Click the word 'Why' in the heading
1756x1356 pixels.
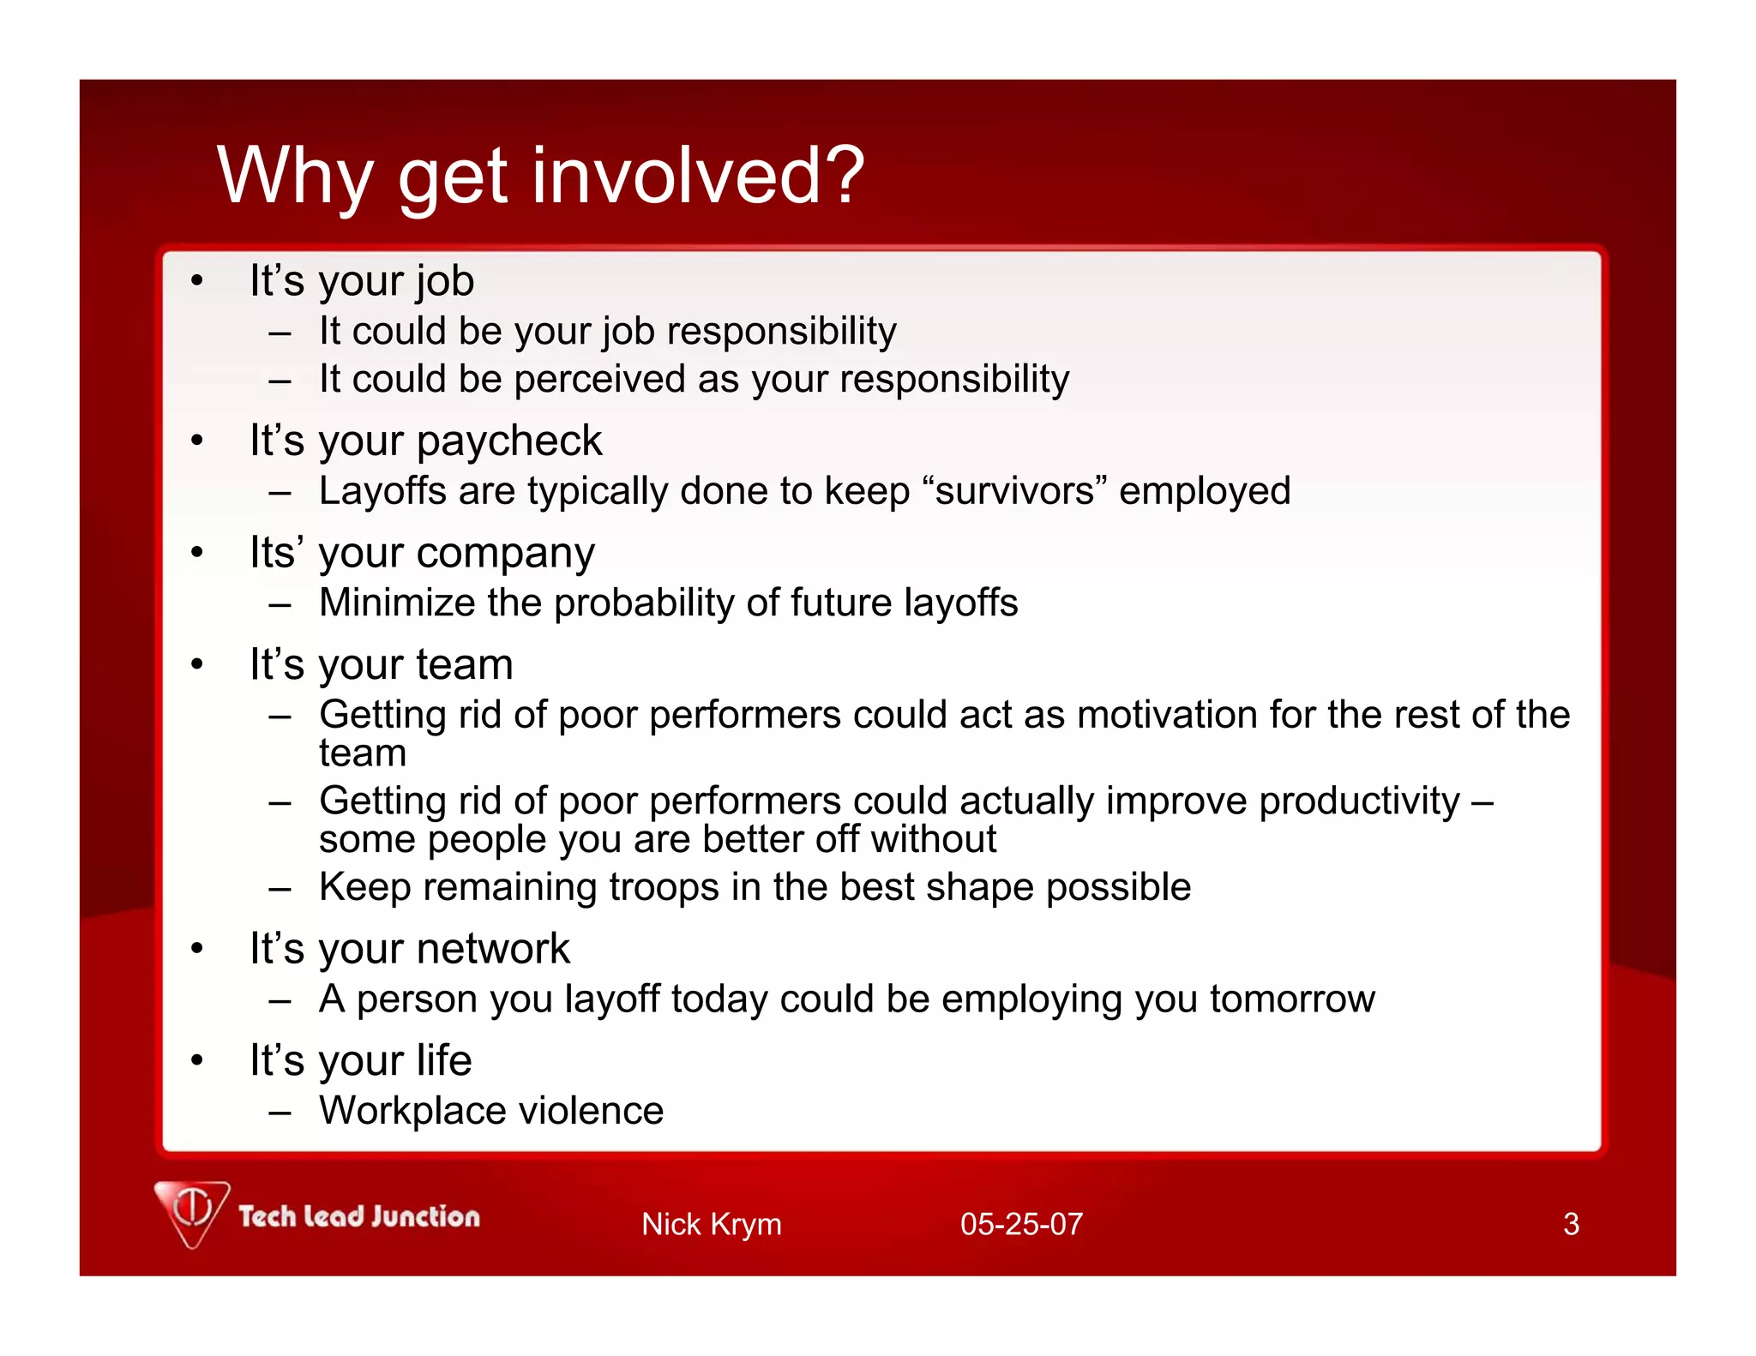294,176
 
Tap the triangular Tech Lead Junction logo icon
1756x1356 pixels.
192,1212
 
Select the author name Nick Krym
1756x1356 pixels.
711,1223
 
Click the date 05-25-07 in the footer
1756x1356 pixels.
1021,1223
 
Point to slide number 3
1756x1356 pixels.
1570,1223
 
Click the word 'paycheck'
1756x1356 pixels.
509,442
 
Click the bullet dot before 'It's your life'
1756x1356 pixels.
197,1061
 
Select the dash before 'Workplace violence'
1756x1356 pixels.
280,1113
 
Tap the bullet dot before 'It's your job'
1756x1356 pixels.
197,281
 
